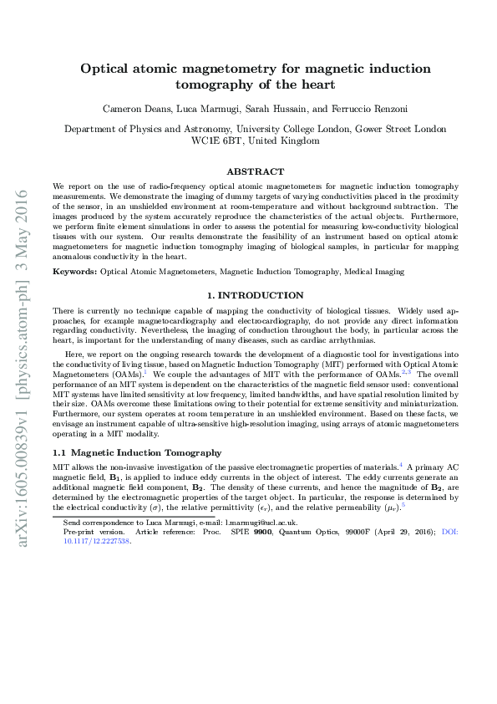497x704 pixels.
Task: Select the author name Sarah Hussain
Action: coord(277,110)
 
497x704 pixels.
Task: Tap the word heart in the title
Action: coord(317,84)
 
